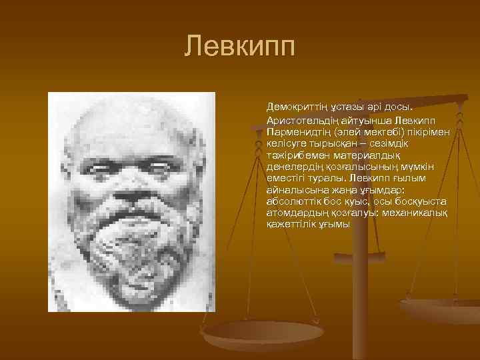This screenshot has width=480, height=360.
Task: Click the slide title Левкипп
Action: click(x=240, y=47)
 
